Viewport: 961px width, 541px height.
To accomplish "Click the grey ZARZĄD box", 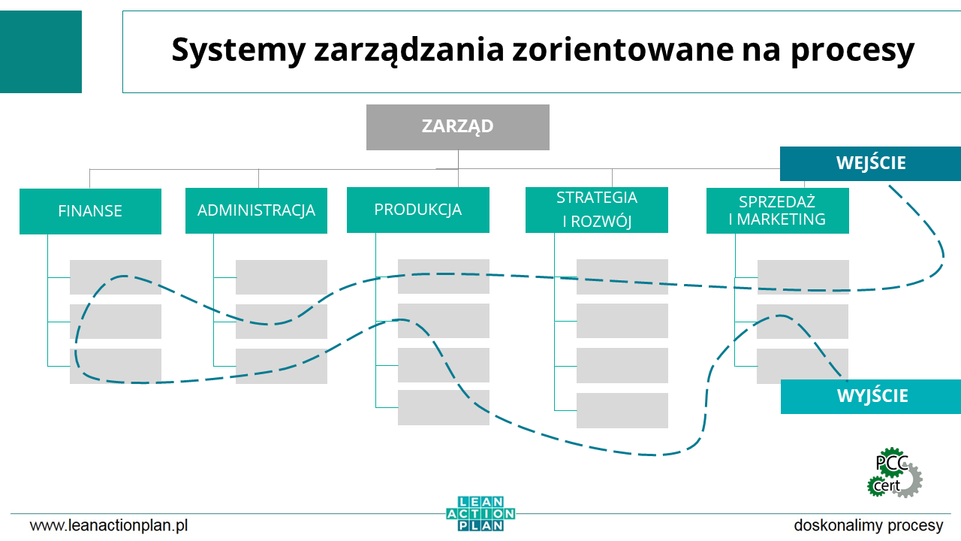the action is pos(458,127).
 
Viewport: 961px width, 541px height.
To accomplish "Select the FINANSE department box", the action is pos(91,211).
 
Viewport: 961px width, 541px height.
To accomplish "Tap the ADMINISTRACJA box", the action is pos(256,211).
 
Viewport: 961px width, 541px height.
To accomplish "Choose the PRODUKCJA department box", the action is pos(418,210).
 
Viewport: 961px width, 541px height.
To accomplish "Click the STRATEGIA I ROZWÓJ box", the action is pos(597,210).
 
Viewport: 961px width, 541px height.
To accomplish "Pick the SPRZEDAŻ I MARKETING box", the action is pos(777,211).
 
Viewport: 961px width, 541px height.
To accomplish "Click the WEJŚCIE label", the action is pos(870,164).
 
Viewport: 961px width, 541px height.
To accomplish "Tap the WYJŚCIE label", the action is pos(871,397).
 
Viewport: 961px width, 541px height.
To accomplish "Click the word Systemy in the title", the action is pos(239,50).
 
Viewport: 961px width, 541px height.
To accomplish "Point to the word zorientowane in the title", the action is pos(622,50).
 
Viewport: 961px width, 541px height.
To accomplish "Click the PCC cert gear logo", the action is pos(894,473).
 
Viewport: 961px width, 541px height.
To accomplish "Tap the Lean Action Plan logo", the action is pos(480,513).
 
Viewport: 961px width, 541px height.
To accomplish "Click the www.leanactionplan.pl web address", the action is pos(109,525).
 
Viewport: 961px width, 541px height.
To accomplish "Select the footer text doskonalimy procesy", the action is pos(869,525).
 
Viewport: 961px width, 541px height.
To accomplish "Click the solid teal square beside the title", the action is pos(41,52).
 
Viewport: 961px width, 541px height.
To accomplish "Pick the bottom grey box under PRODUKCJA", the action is pos(444,407).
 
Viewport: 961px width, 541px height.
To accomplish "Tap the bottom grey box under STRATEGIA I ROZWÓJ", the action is pos(622,410).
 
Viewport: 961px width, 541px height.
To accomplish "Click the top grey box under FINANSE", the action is pos(116,277).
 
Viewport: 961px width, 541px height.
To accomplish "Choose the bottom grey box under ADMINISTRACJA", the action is pos(282,366).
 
